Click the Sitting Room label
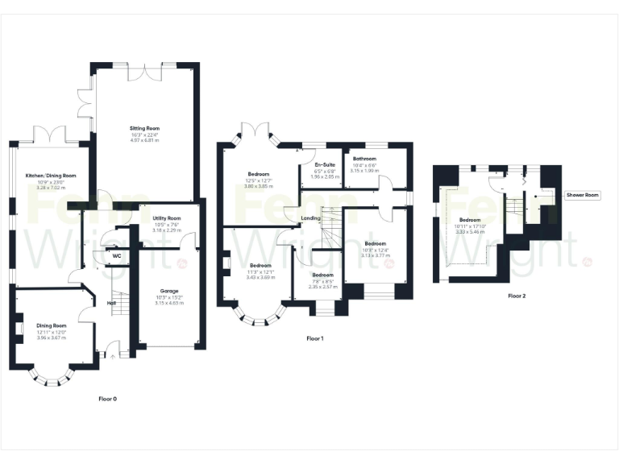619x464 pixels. (x=146, y=128)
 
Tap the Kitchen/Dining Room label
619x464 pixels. (x=51, y=175)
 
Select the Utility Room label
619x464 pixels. (x=167, y=218)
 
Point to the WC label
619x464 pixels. (x=116, y=255)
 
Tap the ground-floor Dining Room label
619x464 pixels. (x=51, y=326)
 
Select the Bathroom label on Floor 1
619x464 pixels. (x=364, y=159)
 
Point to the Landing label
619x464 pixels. (x=310, y=217)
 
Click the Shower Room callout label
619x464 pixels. (x=582, y=195)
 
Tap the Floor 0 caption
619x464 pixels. (x=107, y=399)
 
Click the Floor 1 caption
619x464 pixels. (x=314, y=338)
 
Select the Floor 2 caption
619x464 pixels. (x=517, y=296)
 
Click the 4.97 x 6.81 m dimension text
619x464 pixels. (x=146, y=140)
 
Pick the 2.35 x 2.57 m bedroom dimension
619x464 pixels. (x=323, y=287)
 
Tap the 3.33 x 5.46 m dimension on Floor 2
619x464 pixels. (x=470, y=231)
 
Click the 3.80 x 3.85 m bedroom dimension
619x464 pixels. (x=259, y=185)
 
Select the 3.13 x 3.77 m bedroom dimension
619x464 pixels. (x=375, y=255)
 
